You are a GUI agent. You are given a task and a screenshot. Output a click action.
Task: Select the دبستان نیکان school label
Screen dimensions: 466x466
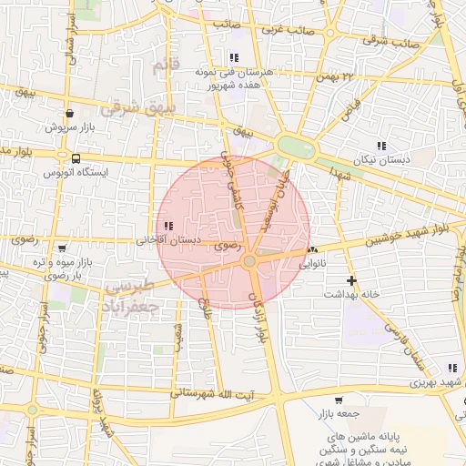coord(382,159)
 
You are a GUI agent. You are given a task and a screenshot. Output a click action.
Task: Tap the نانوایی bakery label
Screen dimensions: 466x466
coord(312,265)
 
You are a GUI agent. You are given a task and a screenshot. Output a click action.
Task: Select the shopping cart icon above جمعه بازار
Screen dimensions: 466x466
coord(339,400)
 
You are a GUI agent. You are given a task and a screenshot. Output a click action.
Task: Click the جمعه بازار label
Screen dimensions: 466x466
coord(339,413)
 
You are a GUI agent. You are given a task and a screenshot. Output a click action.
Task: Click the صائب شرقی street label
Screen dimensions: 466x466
coord(390,41)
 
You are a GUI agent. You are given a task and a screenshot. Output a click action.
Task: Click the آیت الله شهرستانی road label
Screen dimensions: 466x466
coord(218,394)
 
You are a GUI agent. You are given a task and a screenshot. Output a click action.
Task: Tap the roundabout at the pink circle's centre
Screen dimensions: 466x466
coord(249,262)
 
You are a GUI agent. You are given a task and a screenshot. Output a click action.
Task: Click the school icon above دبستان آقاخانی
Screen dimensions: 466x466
coord(167,226)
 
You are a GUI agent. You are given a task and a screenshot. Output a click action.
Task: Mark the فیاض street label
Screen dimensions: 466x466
coord(349,110)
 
